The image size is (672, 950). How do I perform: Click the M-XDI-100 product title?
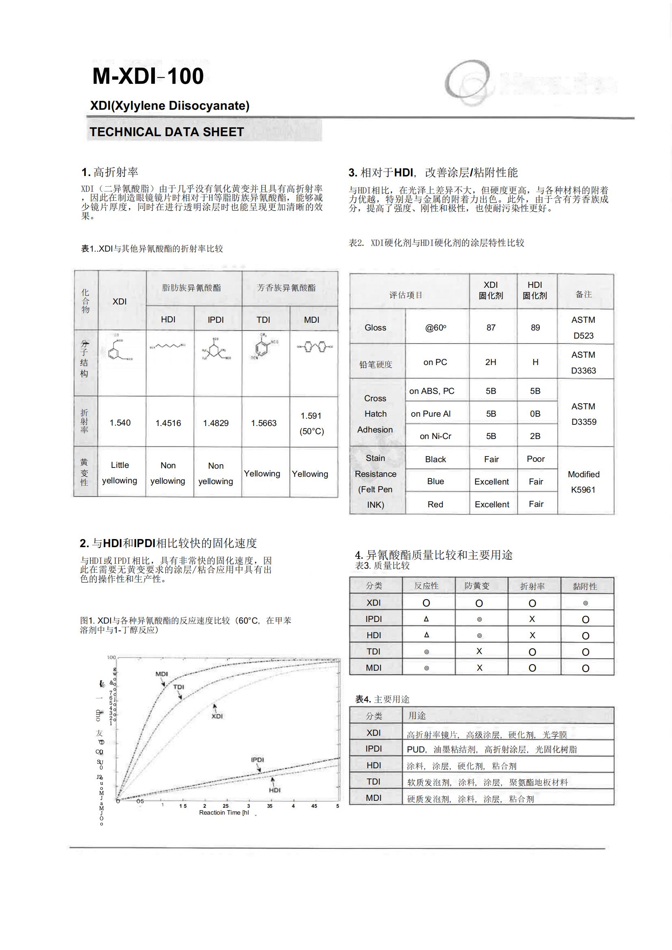148,76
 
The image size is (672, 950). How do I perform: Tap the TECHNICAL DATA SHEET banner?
166,132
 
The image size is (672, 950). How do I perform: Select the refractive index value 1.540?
120,422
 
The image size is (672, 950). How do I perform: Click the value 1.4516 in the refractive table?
168,423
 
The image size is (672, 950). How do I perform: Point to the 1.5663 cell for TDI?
263,423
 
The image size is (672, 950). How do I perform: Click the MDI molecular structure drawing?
314,347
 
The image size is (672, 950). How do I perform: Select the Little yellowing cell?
120,472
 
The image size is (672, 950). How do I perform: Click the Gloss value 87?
491,328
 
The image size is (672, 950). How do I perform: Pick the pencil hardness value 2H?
491,362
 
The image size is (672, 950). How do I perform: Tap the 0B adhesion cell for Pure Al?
535,413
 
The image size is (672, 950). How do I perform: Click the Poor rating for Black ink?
535,459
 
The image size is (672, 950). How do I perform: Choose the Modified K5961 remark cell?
583,482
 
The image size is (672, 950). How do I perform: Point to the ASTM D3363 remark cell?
583,363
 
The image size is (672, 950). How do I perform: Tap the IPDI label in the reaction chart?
257,759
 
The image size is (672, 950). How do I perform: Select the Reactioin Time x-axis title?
224,812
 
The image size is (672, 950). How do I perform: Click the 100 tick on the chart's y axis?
111,657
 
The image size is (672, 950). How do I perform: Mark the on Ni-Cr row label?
435,436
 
